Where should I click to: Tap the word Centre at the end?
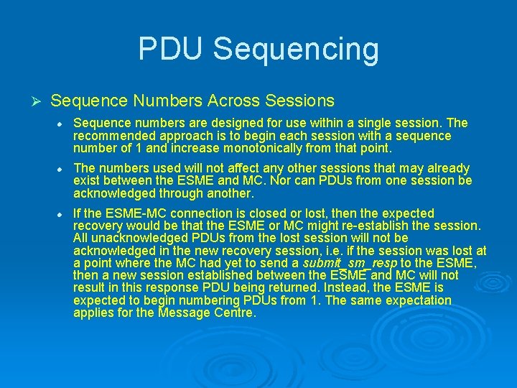pyautogui.click(x=234, y=313)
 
